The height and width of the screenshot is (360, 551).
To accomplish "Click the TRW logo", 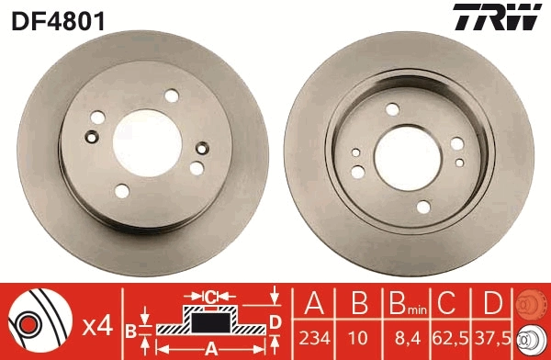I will coord(508,17).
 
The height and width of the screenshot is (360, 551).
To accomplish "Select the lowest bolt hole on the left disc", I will coord(122,191).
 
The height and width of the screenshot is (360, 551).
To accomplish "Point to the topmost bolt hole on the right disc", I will coord(393,110).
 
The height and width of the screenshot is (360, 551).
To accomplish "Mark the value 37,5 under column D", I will coord(492,337).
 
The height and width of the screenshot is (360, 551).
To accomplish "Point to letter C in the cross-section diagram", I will coord(210,297).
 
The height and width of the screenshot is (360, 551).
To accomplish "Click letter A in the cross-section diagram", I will coord(209,347).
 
